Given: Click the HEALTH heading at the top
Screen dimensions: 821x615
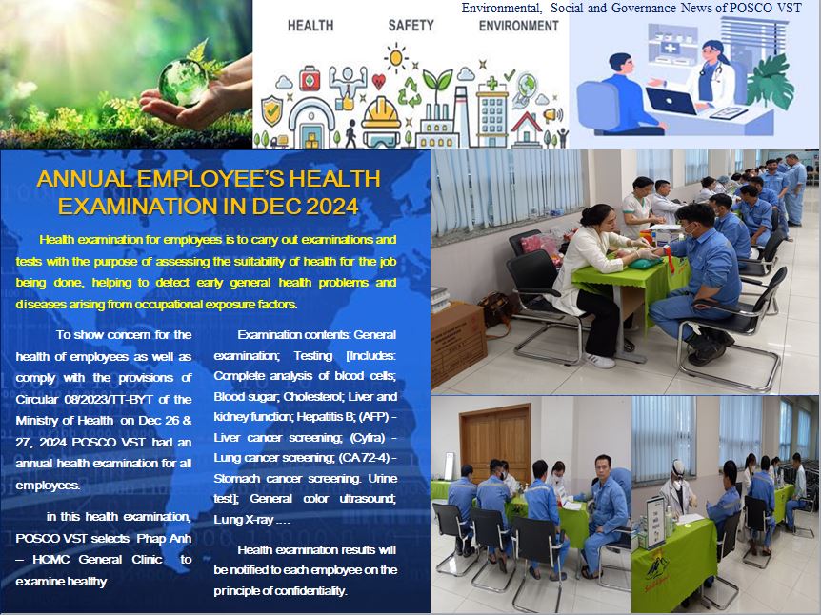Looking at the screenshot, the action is (x=310, y=25).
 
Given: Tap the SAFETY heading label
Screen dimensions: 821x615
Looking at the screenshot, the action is (x=411, y=25).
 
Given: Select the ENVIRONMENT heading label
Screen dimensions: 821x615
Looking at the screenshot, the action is (x=519, y=25).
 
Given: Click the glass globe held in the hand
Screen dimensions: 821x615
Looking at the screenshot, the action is (x=183, y=82).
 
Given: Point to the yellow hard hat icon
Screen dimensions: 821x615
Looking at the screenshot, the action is (x=381, y=113).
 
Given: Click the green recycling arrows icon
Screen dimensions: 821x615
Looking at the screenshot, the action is (x=410, y=92).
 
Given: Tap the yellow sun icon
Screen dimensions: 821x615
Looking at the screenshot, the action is (x=396, y=57).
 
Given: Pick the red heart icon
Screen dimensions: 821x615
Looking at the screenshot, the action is (x=378, y=82).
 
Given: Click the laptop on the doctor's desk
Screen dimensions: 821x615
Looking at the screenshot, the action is (x=671, y=101).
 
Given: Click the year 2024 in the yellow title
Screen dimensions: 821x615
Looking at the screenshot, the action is (x=332, y=207).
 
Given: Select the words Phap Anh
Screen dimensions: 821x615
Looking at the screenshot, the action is (x=164, y=538).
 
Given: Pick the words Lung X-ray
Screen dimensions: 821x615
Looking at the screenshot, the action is (x=243, y=519).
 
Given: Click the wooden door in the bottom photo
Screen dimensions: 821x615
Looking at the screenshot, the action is (x=495, y=444).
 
